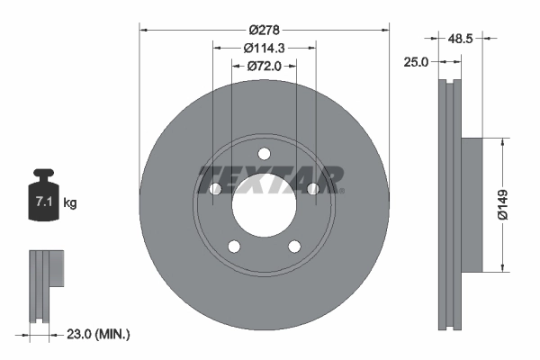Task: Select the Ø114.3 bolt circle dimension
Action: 265,48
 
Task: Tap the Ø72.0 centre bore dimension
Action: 265,66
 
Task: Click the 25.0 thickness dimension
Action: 417,61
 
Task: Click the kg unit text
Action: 71,203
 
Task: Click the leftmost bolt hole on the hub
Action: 215,188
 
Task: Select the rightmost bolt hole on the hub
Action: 313,188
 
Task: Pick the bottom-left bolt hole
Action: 234,247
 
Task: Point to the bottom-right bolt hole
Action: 294,247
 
